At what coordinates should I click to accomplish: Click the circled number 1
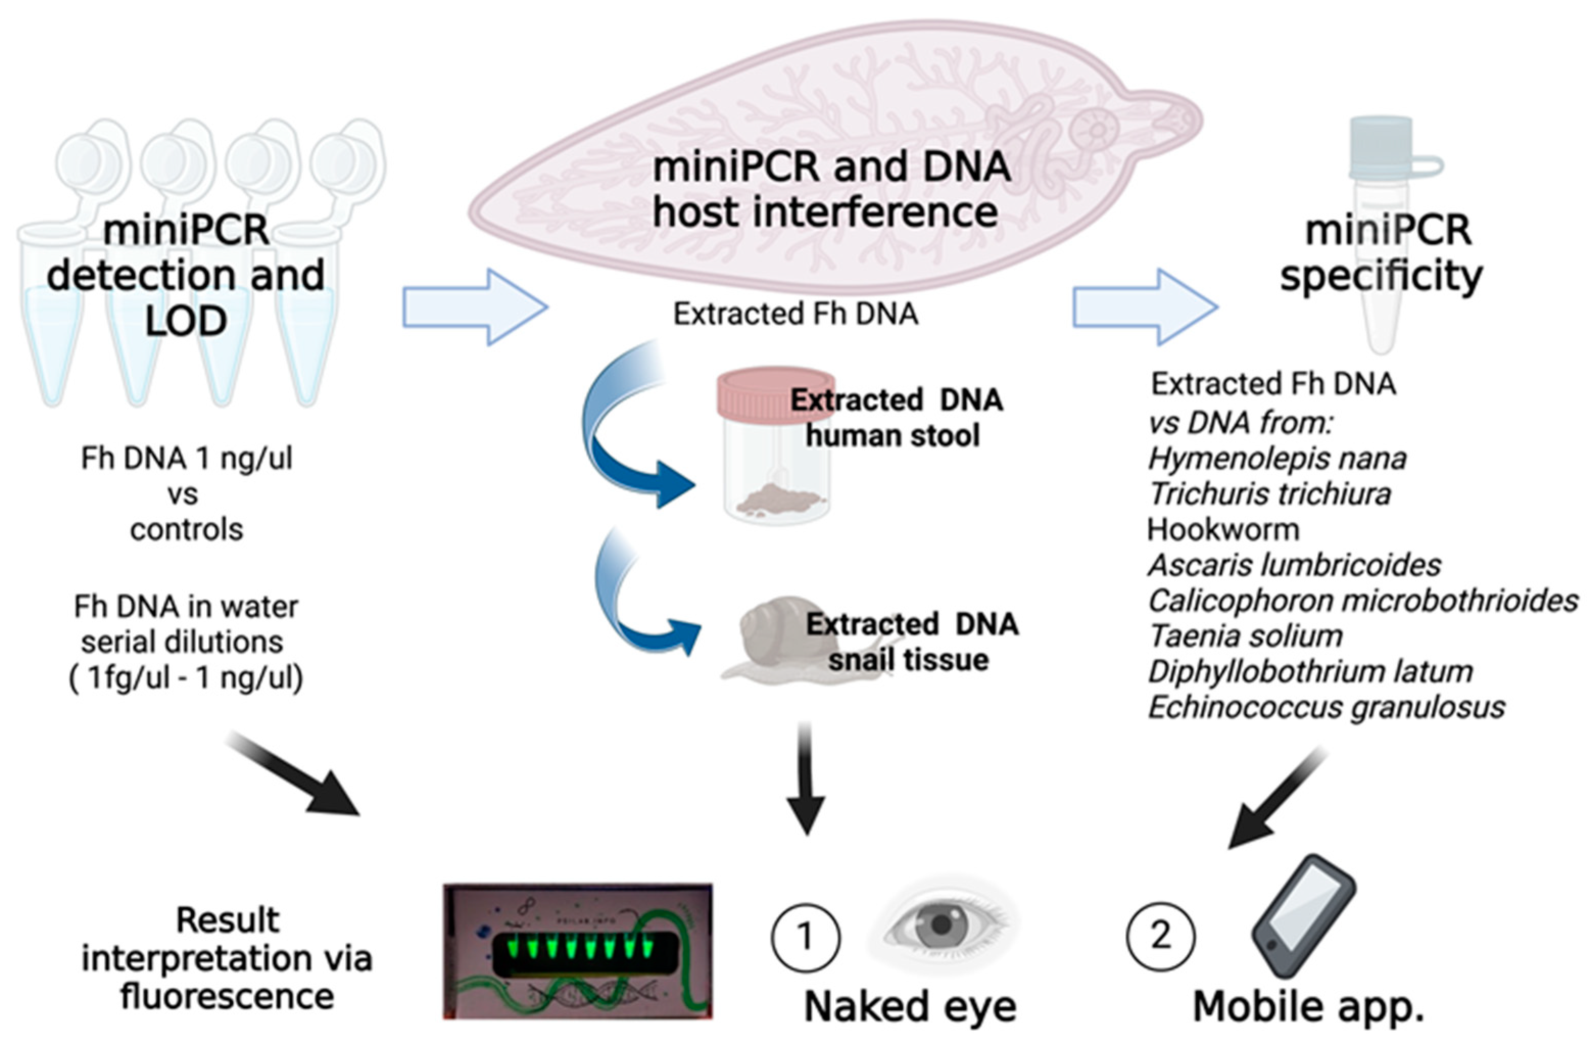(x=806, y=936)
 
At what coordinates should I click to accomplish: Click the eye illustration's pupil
(x=941, y=925)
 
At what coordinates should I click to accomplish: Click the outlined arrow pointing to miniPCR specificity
(x=1145, y=307)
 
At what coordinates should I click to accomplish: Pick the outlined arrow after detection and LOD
(x=475, y=307)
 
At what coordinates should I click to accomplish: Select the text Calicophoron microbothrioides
(x=1363, y=601)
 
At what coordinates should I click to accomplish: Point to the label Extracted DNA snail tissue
(x=911, y=642)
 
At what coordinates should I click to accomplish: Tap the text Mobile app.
(x=1308, y=1007)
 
